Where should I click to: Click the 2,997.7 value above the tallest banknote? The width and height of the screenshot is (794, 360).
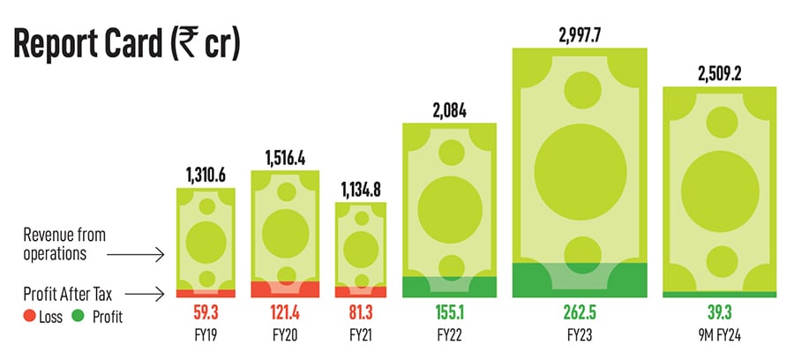(x=580, y=36)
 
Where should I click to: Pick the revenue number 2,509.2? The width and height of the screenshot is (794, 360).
(x=719, y=74)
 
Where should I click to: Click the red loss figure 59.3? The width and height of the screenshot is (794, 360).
(x=206, y=312)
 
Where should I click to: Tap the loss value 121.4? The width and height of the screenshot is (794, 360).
(x=284, y=312)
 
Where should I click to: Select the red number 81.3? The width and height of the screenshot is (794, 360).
(x=360, y=312)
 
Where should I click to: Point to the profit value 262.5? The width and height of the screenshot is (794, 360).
(x=580, y=312)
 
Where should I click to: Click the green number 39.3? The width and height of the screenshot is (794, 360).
(x=719, y=312)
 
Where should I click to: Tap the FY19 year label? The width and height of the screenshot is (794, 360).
(x=206, y=335)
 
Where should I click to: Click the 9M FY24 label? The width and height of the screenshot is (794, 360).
(x=719, y=335)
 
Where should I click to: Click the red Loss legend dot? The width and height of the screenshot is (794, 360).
(x=29, y=317)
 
